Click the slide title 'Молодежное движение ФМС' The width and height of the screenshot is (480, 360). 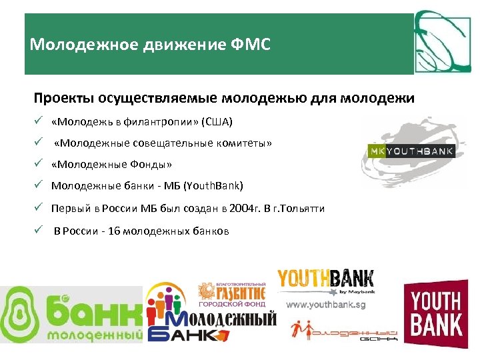coord(150,45)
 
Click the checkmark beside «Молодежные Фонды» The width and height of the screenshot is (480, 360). coord(39,164)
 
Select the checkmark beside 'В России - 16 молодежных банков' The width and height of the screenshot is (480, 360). coord(39,231)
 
